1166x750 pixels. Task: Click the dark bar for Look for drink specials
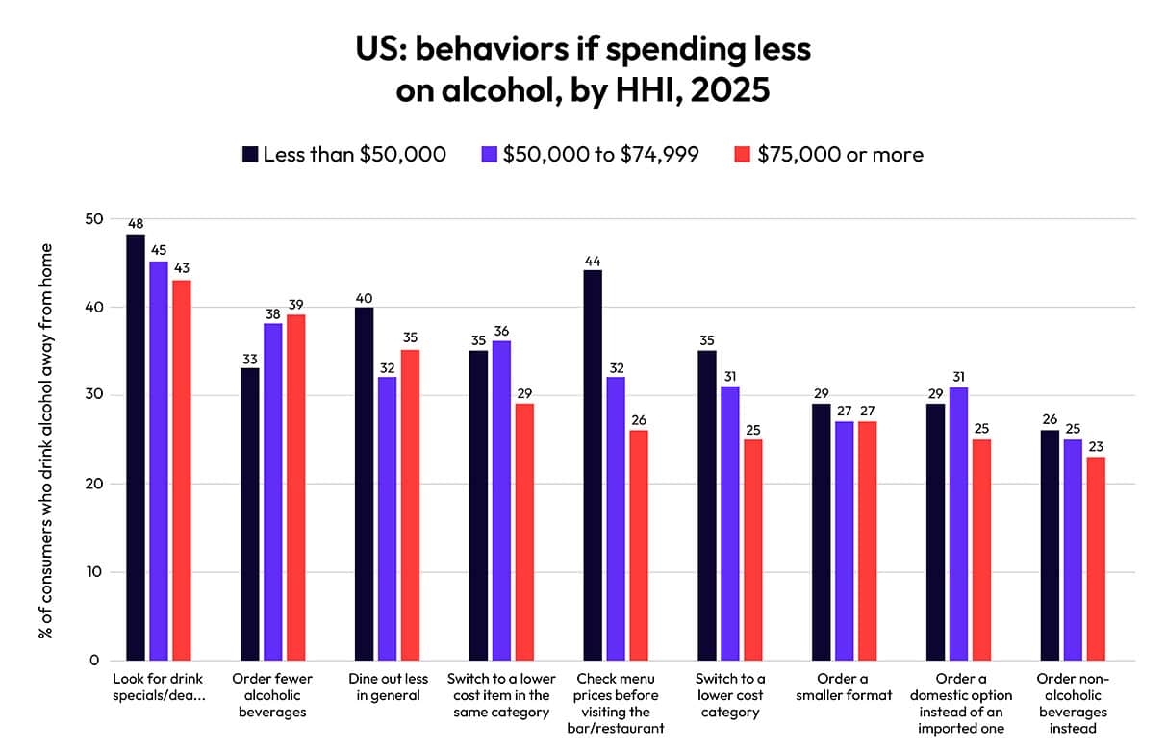136,447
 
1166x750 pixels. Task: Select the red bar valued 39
296,487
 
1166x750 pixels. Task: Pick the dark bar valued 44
593,465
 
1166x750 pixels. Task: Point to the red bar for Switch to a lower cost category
753,550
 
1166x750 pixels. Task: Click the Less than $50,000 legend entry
344,154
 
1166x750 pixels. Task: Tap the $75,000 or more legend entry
829,154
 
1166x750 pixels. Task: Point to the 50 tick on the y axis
94,219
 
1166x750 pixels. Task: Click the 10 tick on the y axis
94,572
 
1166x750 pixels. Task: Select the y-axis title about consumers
45,440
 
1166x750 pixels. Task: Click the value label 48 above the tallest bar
136,223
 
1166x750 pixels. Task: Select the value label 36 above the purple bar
501,330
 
